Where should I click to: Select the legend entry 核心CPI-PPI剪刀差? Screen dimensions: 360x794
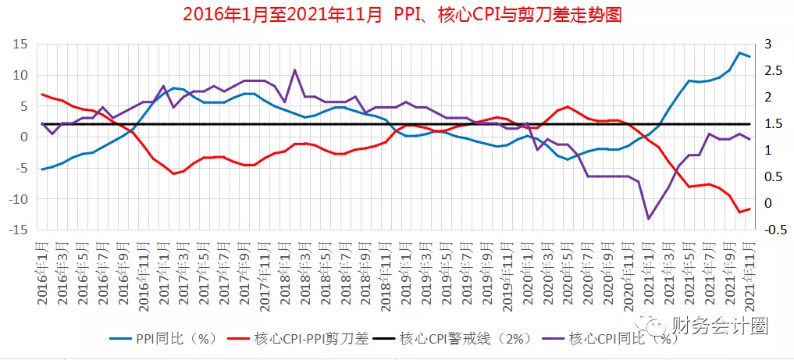tap(304, 339)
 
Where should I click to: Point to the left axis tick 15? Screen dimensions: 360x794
tap(20, 45)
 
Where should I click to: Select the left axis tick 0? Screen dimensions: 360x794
tap(23, 137)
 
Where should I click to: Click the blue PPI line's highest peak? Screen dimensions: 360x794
tap(739, 52)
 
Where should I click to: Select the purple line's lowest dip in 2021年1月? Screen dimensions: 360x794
tap(648, 219)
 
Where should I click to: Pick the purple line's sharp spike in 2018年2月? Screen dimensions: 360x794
tap(294, 70)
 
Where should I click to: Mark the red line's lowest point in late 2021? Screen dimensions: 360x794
tap(739, 212)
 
